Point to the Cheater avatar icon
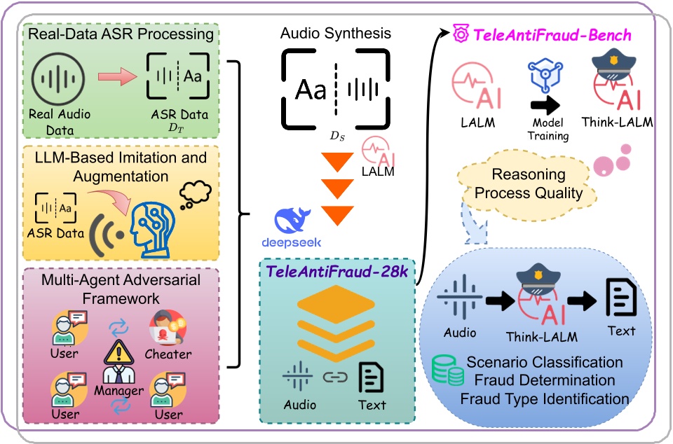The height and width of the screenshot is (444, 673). (167, 326)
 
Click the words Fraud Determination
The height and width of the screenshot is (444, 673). (544, 380)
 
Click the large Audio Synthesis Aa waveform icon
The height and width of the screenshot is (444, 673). (335, 89)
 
